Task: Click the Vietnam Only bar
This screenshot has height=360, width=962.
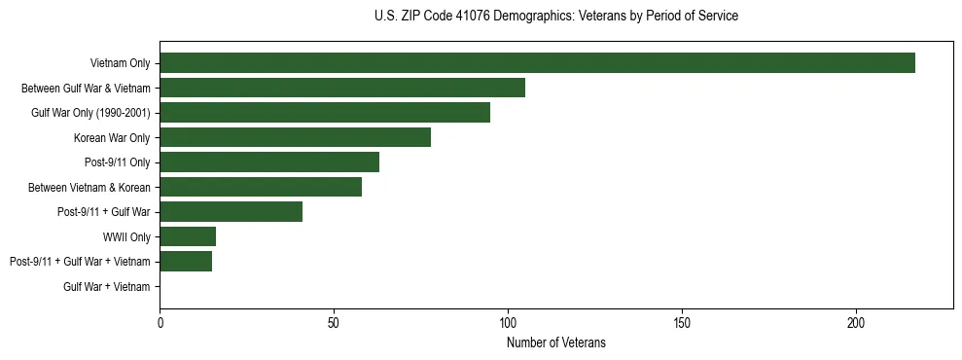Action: [x=537, y=63]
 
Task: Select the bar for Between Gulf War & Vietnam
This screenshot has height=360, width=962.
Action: [x=342, y=88]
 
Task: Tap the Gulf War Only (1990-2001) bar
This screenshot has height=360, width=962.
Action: [x=325, y=113]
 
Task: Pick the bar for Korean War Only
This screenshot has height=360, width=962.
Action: [x=295, y=137]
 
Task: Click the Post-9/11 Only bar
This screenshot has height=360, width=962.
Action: [x=269, y=162]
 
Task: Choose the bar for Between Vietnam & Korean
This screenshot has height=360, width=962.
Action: [x=261, y=187]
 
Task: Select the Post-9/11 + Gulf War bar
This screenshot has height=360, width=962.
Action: [x=231, y=211]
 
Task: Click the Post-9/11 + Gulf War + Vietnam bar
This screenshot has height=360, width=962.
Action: [x=186, y=261]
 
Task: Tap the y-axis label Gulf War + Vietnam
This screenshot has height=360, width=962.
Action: [x=107, y=286]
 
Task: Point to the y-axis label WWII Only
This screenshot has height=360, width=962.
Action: [x=126, y=236]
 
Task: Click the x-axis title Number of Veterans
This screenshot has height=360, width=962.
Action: [x=556, y=342]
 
